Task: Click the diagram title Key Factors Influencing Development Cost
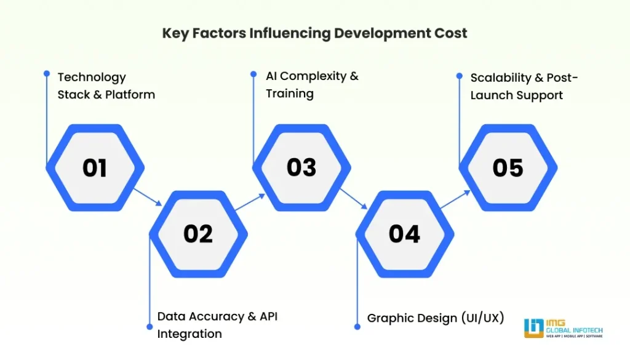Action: click(x=314, y=33)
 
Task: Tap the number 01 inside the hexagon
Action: click(x=95, y=167)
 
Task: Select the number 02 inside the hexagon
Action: click(x=198, y=233)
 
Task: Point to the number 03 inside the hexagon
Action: click(x=301, y=167)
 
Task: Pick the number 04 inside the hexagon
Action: click(x=404, y=233)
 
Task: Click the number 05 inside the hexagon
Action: click(x=508, y=167)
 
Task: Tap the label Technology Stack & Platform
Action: click(x=106, y=86)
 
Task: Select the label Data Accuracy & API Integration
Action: click(x=217, y=325)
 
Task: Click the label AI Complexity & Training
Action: click(x=312, y=85)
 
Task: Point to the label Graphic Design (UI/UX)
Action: click(x=436, y=318)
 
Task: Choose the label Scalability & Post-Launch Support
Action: click(x=524, y=86)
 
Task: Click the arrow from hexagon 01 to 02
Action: click(x=148, y=198)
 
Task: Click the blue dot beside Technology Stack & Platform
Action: click(x=47, y=73)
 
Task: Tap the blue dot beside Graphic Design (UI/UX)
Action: click(x=357, y=326)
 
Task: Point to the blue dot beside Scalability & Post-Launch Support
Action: click(x=459, y=76)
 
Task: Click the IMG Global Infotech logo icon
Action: click(x=533, y=328)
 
